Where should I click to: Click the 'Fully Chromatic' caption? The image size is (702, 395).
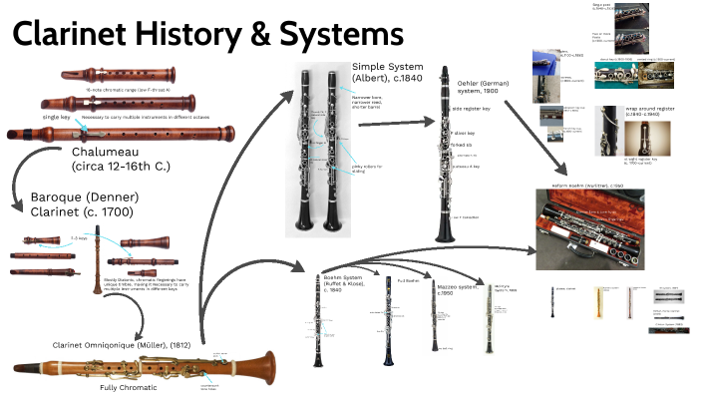[127, 387]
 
